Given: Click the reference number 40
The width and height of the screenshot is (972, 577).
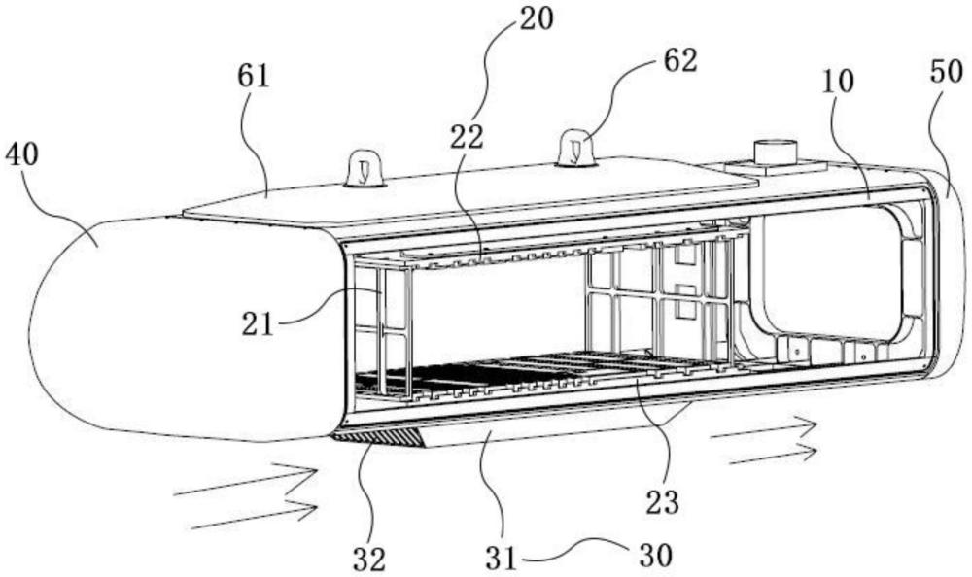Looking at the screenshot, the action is [21, 155].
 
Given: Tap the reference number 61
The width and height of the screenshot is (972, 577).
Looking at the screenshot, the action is [254, 76].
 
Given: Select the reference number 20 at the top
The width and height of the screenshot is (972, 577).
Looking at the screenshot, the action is [537, 18].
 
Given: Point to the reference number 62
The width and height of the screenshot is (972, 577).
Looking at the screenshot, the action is [680, 61].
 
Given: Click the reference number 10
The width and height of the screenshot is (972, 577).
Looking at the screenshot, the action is [838, 81].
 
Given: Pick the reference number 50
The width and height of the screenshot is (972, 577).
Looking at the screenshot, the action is [947, 72].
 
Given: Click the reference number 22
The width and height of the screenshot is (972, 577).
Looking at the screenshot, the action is [467, 137].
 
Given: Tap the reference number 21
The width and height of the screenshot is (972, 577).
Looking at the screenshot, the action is [258, 324].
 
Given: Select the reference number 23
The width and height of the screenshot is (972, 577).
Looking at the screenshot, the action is [663, 501].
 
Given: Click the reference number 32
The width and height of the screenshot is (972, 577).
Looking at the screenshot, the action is [369, 559].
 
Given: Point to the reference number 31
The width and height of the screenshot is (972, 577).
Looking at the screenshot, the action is [501, 559].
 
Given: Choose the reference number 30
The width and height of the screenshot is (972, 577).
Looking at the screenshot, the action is [655, 556].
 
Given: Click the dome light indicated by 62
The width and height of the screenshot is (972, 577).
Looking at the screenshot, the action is [576, 149].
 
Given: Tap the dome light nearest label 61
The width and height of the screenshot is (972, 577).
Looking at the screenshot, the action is [364, 168].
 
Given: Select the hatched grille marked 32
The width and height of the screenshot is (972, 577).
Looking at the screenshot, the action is [378, 439].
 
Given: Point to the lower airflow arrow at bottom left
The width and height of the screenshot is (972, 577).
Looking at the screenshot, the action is [254, 516].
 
